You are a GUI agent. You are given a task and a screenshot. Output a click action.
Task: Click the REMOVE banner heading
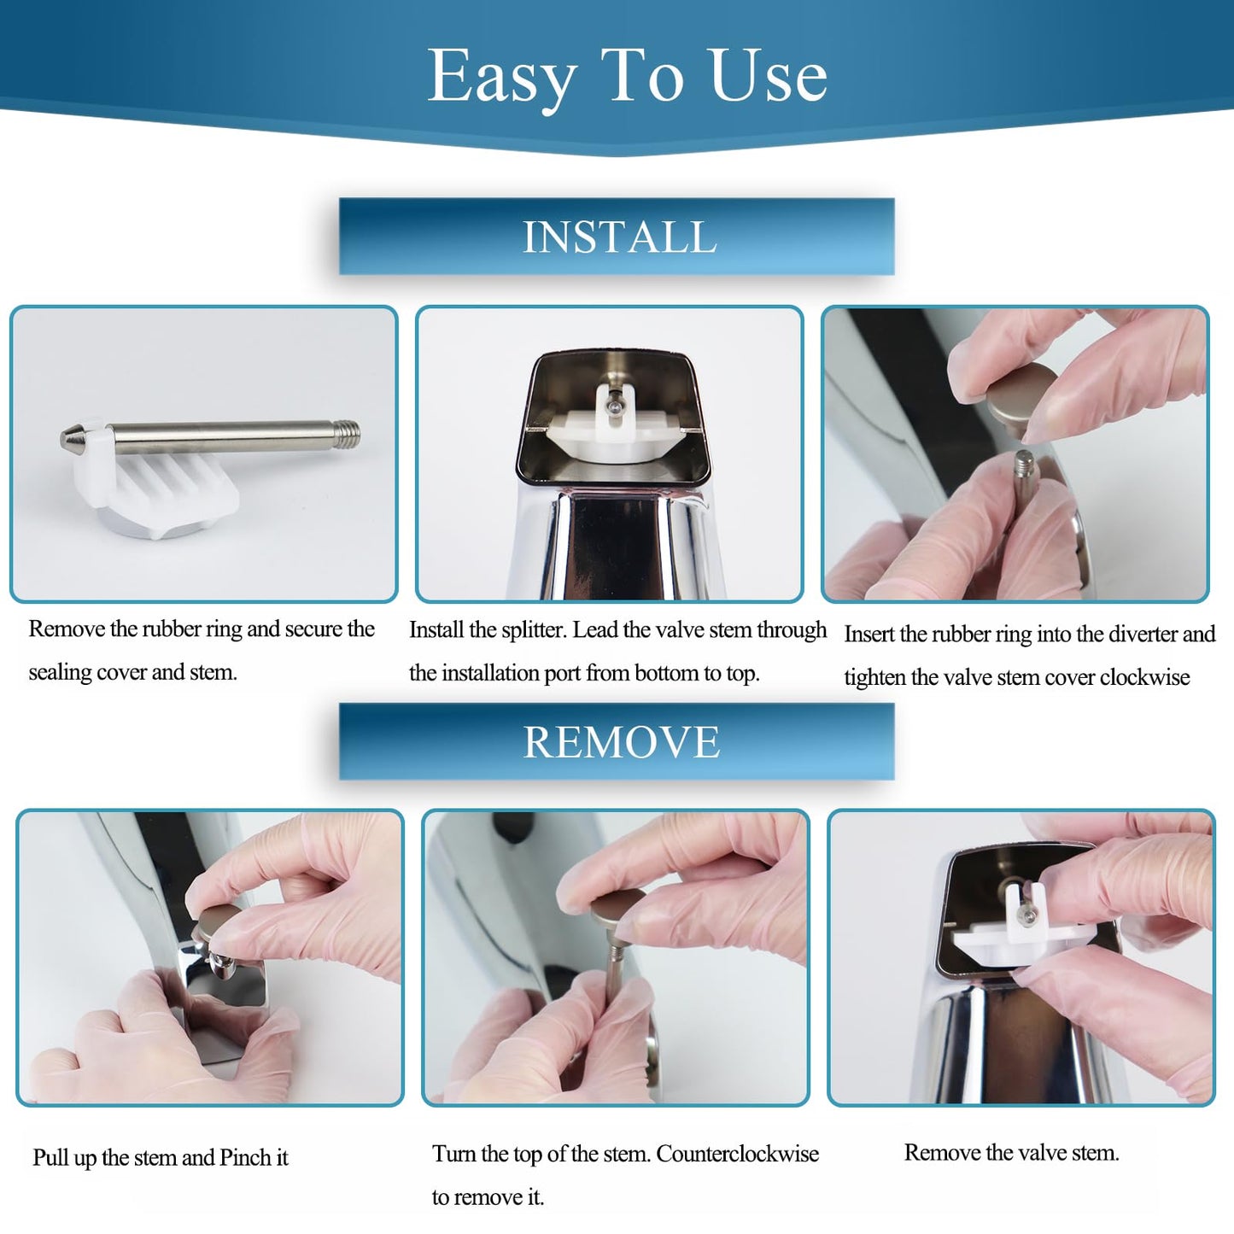(621, 741)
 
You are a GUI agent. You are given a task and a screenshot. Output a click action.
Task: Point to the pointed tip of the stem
(68, 440)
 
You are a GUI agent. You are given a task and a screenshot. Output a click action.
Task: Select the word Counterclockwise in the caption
(737, 1154)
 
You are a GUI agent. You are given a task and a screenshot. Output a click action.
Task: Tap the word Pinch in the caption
(245, 1158)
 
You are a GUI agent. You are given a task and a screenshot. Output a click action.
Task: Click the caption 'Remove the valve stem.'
(1011, 1153)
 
